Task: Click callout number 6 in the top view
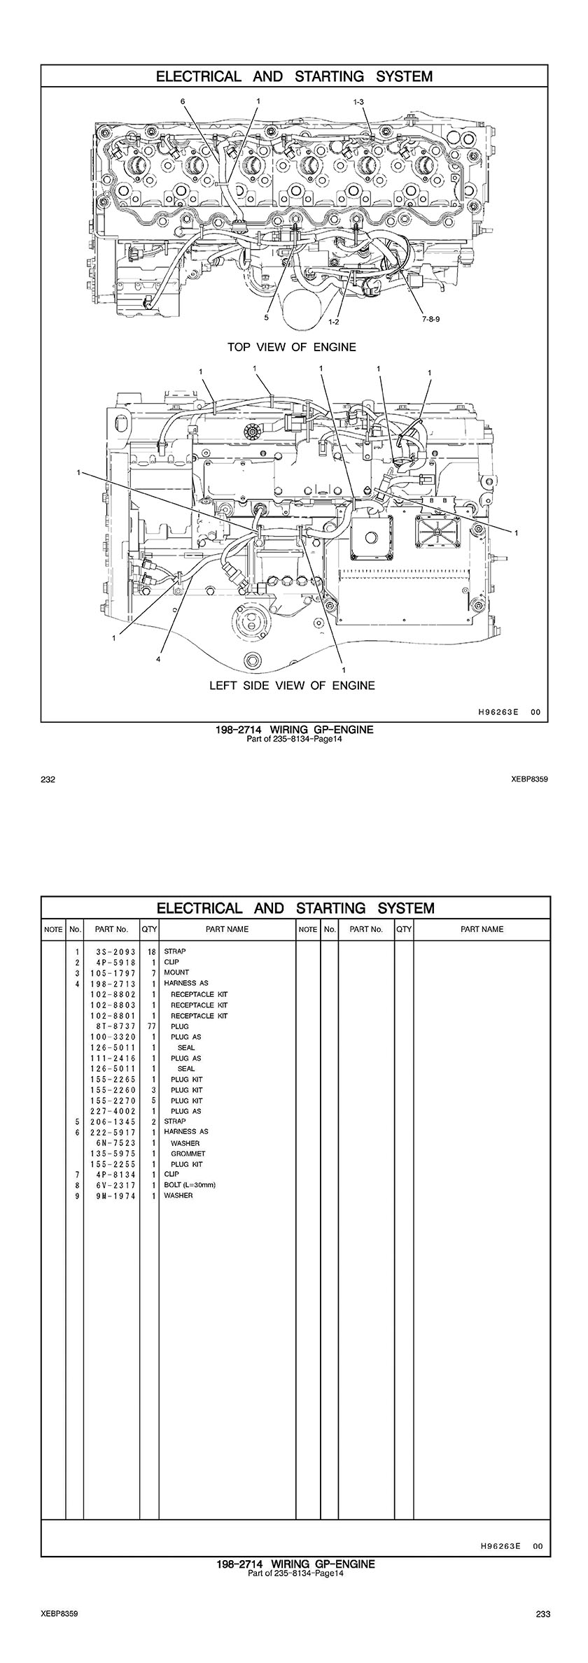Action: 183,101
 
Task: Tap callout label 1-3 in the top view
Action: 358,102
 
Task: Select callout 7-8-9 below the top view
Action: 432,318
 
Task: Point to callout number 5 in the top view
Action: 267,317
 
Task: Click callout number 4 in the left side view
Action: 158,659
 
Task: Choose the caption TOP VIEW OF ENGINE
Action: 292,347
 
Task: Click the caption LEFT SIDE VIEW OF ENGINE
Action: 292,686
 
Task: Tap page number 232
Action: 48,779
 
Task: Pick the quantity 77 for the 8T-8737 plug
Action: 149,1026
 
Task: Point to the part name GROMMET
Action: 188,1154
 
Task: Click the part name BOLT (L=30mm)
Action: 190,1185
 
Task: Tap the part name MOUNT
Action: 176,972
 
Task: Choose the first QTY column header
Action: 149,930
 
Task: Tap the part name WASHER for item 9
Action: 178,1196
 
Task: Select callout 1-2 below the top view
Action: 334,322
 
